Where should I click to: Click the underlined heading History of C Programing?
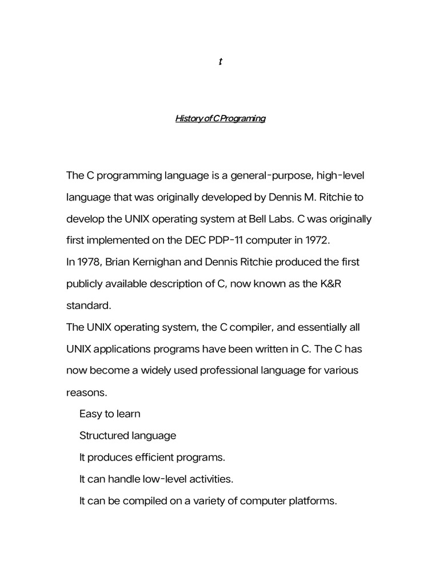coord(219,119)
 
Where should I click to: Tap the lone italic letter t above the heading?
coord(220,62)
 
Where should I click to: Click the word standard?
coord(89,306)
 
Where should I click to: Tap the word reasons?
coord(86,392)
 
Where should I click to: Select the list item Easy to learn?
coord(110,414)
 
